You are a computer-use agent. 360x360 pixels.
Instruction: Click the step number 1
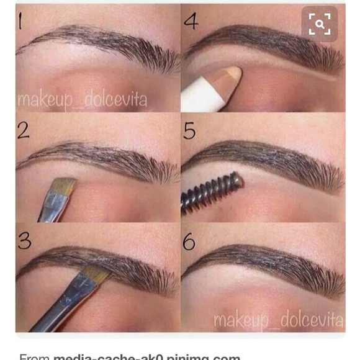point(20,21)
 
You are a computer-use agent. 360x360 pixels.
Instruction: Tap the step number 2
point(22,129)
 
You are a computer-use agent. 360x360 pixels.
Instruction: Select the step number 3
point(24,240)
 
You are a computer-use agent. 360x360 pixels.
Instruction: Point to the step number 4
point(191,21)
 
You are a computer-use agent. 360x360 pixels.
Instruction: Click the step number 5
point(189,130)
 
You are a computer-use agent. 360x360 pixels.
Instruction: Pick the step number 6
point(189,241)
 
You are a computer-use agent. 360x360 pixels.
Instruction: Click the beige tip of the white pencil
point(230,77)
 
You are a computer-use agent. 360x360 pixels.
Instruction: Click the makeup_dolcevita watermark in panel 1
point(82,99)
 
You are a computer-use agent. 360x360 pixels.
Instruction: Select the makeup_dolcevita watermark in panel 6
point(278,320)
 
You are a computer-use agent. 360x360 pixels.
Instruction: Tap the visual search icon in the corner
point(320,25)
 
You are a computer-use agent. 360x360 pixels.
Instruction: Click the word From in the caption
point(34,356)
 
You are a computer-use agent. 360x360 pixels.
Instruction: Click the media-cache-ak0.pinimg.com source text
point(146,356)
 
